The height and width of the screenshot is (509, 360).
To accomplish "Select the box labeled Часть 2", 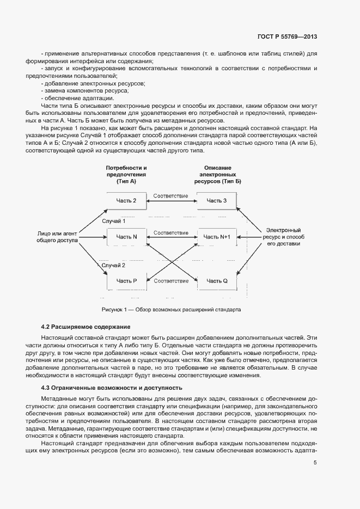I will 126,201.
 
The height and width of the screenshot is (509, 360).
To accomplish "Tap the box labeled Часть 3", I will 217,201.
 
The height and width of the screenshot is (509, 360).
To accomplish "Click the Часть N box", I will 126,237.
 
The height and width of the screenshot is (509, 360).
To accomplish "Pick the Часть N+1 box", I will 217,237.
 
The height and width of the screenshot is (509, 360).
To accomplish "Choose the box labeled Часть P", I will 126,281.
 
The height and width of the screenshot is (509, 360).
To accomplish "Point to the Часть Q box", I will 217,281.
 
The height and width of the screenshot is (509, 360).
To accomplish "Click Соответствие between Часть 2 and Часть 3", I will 171,195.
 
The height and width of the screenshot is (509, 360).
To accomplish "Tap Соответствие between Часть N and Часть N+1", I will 171,232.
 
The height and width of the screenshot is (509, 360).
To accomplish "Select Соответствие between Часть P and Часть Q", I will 171,281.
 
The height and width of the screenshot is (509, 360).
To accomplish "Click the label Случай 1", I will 114,221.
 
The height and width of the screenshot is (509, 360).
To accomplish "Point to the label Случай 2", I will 114,265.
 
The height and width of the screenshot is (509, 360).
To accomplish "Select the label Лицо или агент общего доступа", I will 57,236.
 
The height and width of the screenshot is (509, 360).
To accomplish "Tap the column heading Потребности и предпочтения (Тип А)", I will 126,174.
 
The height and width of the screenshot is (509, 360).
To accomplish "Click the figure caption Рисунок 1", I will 171,309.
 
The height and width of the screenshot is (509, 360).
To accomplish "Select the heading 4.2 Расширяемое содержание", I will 86,327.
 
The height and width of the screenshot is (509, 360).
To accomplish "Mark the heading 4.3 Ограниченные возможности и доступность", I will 112,388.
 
